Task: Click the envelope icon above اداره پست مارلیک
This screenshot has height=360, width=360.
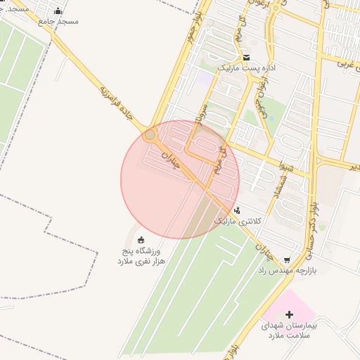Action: pos(246,58)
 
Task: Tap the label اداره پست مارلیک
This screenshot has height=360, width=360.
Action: pos(244,68)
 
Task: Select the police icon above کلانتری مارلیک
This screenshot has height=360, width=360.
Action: pos(237,210)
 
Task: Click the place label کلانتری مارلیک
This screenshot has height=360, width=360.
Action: pos(238,221)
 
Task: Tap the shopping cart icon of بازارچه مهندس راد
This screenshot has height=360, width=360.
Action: pos(286,259)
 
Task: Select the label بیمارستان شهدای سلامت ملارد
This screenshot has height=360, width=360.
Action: pos(290,331)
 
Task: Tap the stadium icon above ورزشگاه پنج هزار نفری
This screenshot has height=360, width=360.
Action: pos(141,239)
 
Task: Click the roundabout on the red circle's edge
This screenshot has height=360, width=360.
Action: pos(150,134)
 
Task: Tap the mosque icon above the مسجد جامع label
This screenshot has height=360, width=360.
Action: pos(58,11)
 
